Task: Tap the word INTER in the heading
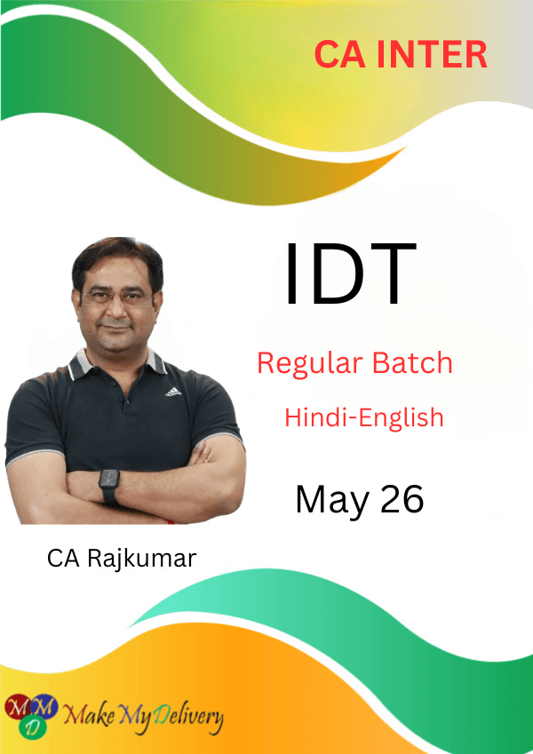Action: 432,54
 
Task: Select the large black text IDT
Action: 350,274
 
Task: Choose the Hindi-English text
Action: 363,417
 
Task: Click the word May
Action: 333,500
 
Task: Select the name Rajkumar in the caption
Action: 141,559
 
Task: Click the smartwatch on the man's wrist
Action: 109,486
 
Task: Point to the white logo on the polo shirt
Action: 173,392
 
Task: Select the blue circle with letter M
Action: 44,706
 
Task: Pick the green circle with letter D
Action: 32,726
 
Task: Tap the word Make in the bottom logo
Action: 88,715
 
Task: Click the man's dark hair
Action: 118,259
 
